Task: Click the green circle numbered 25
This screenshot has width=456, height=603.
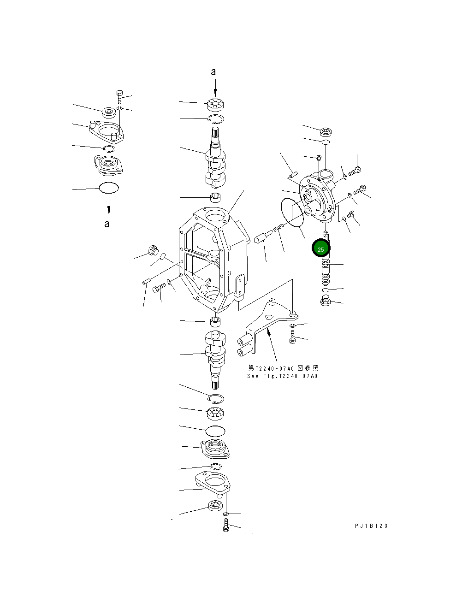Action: (321, 248)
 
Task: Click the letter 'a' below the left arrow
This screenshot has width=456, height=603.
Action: (107, 224)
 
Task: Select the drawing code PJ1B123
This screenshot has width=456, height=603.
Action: (371, 526)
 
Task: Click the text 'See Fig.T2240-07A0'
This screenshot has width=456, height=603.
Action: (282, 376)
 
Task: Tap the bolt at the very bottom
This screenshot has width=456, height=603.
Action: (226, 525)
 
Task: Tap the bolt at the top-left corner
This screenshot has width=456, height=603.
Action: (120, 96)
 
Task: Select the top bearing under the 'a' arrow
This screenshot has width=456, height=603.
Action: (215, 105)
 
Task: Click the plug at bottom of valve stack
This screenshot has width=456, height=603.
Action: (326, 302)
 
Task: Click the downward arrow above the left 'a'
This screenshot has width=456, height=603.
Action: (109, 204)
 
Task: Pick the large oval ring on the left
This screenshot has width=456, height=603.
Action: (109, 188)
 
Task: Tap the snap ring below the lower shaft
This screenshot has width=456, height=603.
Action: (216, 398)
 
